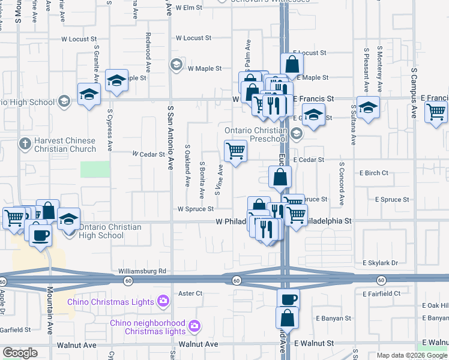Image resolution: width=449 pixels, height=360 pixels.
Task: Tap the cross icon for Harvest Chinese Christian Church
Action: [x=24, y=144]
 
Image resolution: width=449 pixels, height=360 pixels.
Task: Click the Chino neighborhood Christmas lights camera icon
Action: [x=194, y=326]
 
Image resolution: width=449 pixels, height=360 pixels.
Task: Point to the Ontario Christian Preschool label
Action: [x=255, y=135]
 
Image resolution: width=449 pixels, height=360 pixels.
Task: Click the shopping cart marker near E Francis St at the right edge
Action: [x=436, y=112]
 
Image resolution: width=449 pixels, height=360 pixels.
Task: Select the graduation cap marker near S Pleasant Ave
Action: [x=368, y=107]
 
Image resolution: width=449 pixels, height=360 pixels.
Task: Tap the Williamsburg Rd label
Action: [x=142, y=271]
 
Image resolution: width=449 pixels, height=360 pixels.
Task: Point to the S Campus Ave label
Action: [x=414, y=93]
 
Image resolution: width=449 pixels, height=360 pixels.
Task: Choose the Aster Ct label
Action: [x=191, y=293]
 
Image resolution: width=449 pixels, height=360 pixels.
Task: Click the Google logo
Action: [x=20, y=353]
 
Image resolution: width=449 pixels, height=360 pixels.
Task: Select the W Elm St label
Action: [x=191, y=8]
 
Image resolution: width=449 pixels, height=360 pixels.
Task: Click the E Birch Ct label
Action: [x=374, y=173]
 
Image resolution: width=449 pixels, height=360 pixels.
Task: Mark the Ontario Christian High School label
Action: [x=101, y=231]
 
